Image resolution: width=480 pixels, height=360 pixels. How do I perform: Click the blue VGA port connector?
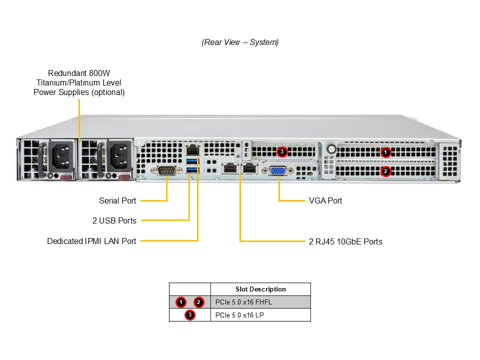coord(278,170)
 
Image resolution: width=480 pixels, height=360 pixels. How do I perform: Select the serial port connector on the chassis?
coord(166,171)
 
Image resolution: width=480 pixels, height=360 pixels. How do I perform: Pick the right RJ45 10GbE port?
coord(248,168)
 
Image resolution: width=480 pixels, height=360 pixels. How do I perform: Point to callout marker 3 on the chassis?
coord(282,150)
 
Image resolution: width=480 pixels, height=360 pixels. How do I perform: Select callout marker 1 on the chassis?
coord(385,152)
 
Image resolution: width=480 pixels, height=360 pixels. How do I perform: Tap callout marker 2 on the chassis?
coord(385,171)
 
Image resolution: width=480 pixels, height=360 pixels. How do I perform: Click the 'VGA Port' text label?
coord(325,200)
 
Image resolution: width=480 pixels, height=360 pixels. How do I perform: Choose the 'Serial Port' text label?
coord(117,200)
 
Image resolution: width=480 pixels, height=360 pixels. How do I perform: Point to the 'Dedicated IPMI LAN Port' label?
coord(91,241)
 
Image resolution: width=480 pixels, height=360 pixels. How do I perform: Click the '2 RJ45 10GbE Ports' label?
coord(345,241)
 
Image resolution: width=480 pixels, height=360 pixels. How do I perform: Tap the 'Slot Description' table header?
coord(260,289)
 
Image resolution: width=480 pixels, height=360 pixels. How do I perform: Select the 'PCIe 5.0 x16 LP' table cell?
coord(240,315)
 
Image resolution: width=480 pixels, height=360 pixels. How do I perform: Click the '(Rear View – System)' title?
coord(240,42)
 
